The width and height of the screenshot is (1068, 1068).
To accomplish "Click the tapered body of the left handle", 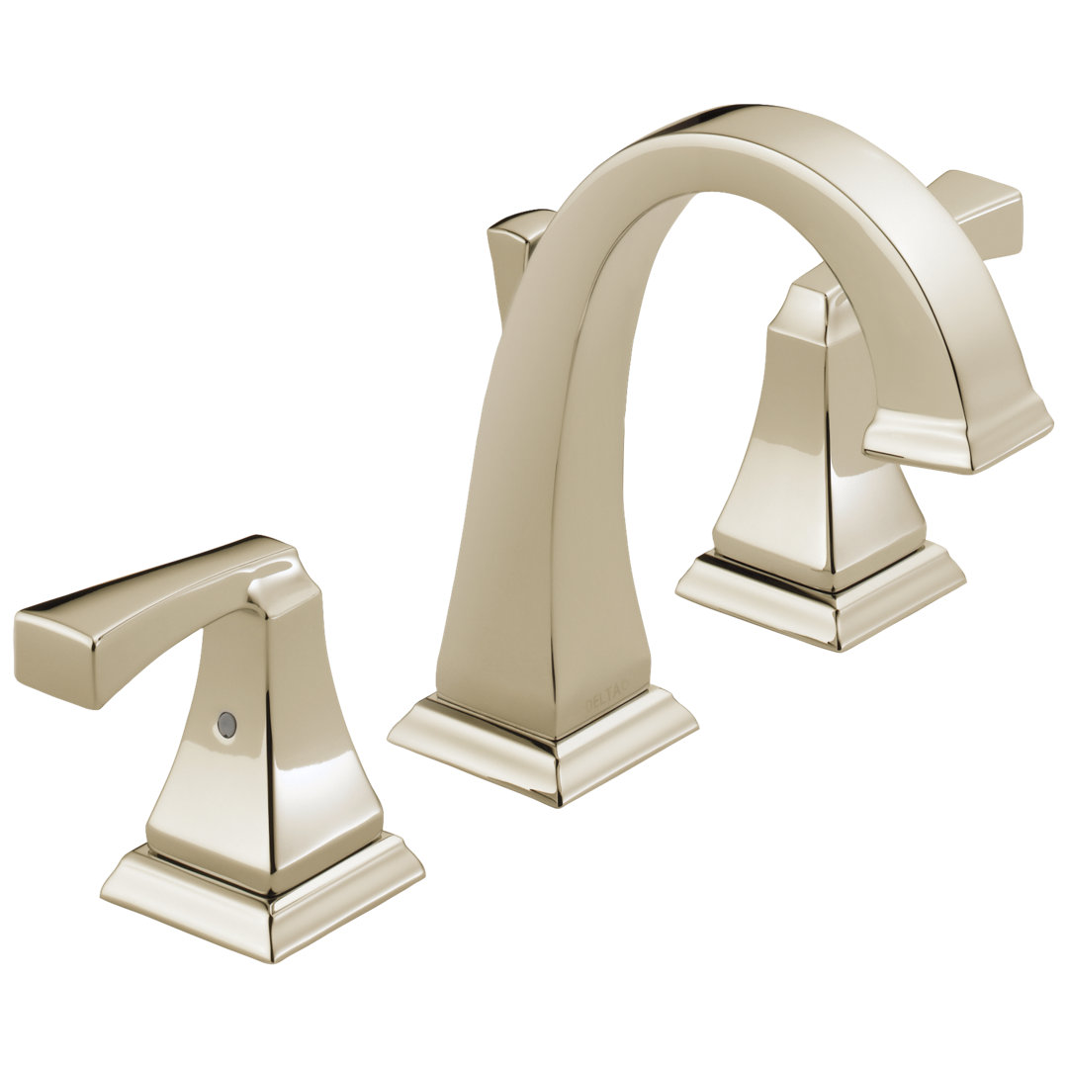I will (x=267, y=761).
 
